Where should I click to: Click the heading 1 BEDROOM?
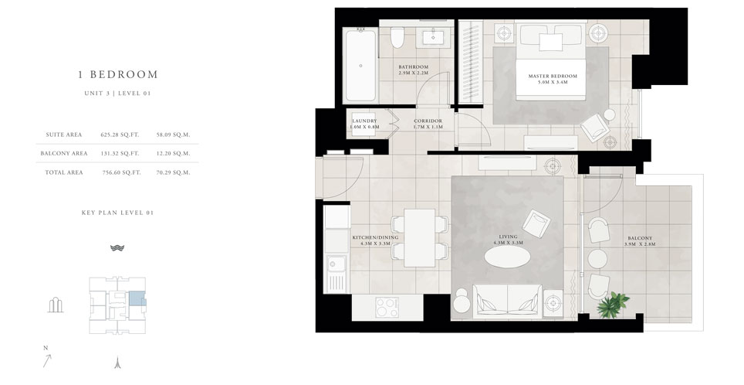(117, 75)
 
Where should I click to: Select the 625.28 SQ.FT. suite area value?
(118, 134)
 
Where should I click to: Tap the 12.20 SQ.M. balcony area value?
(173, 153)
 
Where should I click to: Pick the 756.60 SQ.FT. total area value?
(118, 172)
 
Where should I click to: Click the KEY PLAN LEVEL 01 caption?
(117, 211)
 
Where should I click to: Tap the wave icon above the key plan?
(117, 248)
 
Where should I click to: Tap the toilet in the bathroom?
(398, 39)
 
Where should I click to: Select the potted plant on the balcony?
(616, 302)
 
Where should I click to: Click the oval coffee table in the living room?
(508, 258)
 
